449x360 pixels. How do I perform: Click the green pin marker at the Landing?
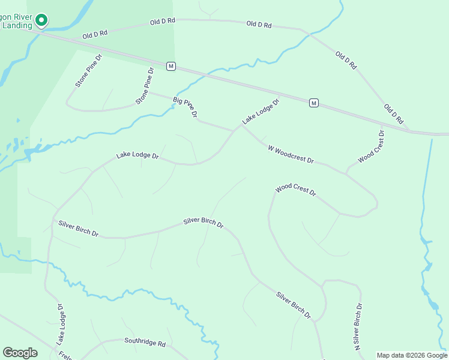tap(41, 20)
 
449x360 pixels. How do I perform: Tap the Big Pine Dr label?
tap(185, 107)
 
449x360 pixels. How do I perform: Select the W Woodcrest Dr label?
tap(291, 154)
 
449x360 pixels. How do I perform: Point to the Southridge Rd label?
tap(145, 342)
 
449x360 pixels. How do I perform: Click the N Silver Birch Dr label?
tap(358, 326)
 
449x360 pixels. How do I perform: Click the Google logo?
tap(20, 353)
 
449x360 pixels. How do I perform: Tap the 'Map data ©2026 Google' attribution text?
tap(412, 355)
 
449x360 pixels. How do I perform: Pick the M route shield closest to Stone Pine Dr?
tap(171, 66)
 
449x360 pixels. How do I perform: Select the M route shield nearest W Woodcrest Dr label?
tap(313, 103)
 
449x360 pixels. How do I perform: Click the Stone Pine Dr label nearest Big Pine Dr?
tap(145, 86)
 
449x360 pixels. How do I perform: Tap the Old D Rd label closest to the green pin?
tap(95, 35)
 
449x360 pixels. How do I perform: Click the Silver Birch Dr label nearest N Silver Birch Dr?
tap(294, 305)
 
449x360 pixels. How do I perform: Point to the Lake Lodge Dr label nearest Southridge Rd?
tap(60, 324)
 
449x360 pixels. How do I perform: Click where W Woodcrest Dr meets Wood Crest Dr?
tap(346, 173)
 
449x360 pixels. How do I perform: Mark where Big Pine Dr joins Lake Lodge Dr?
tap(234, 131)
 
